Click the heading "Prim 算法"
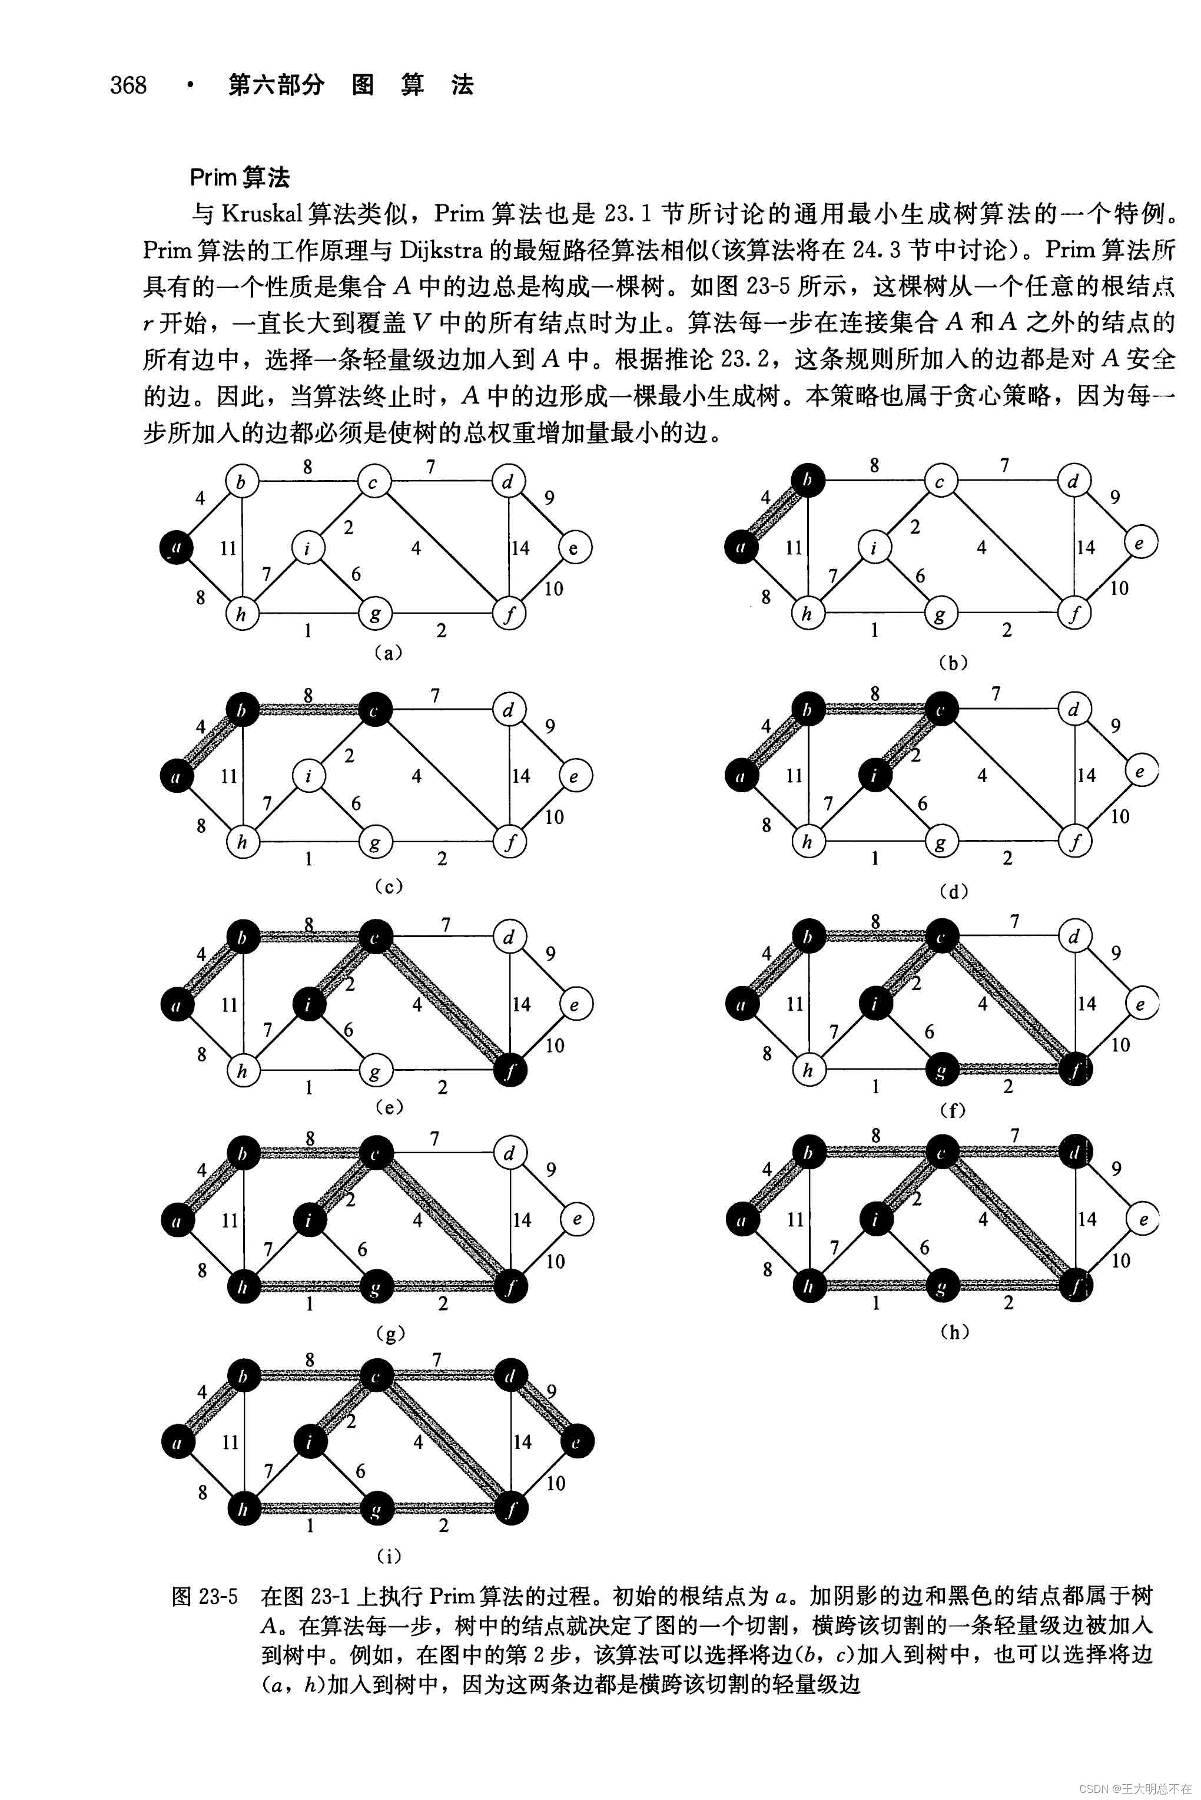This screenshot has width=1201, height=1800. coord(240,178)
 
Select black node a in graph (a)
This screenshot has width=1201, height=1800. coord(176,547)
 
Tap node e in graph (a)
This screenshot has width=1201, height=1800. coord(575,547)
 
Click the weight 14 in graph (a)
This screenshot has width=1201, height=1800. coord(521,547)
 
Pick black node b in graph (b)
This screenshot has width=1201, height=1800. coord(807,481)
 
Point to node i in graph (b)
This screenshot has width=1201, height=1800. coord(873,547)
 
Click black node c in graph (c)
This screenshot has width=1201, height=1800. coord(374,710)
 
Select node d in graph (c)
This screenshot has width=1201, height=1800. coord(509,710)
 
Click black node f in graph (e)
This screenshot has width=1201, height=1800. coord(509,1070)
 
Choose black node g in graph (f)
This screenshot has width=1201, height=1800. coord(941,1070)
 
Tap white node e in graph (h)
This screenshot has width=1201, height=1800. coord(1142,1219)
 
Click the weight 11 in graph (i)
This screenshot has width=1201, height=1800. coord(231,1442)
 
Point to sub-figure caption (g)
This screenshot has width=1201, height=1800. coord(390,1334)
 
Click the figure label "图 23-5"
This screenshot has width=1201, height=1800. coord(204,1597)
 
